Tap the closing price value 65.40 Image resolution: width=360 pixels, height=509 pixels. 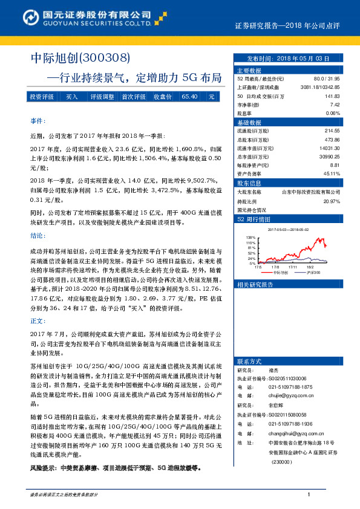click(x=189, y=97)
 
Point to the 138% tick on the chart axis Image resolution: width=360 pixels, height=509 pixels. click(x=251, y=238)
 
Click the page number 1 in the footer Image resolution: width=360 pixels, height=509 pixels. click(x=309, y=494)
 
